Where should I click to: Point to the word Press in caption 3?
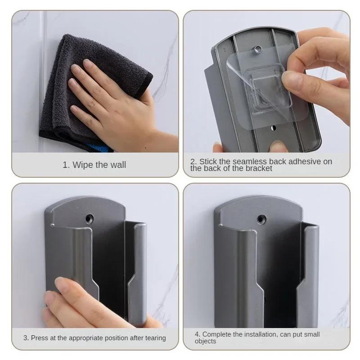click(x=40, y=337)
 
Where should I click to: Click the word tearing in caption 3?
click(x=155, y=337)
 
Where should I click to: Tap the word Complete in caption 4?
click(x=217, y=334)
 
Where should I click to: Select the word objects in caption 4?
click(x=205, y=341)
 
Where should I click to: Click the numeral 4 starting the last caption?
click(x=197, y=334)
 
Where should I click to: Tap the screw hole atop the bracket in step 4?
click(x=260, y=219)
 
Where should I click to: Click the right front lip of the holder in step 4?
click(x=311, y=270)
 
